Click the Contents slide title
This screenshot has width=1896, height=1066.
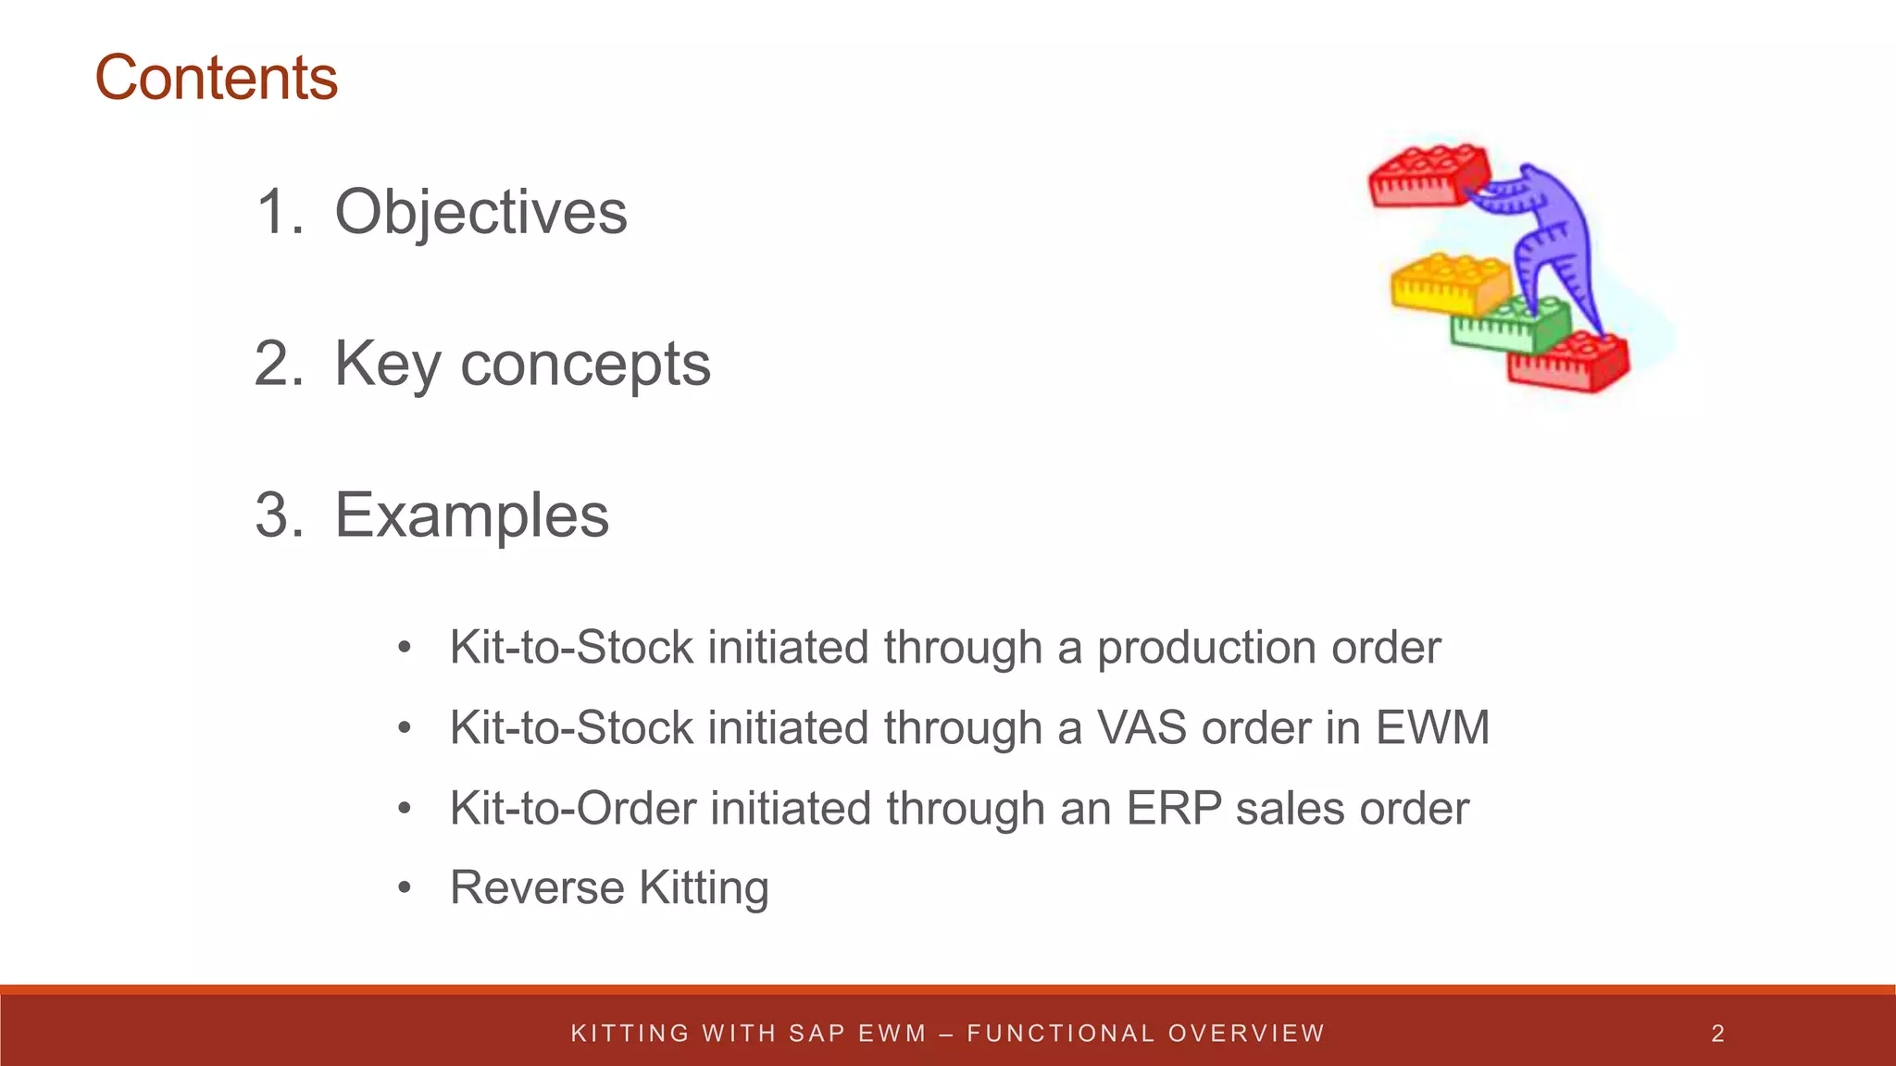click(217, 78)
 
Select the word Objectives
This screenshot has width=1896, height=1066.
click(480, 213)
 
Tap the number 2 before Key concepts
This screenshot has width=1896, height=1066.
click(279, 364)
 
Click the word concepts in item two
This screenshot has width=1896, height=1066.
click(585, 365)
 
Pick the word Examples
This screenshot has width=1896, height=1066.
click(471, 515)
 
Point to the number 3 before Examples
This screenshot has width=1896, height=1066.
click(279, 515)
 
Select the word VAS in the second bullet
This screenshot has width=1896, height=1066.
click(1141, 727)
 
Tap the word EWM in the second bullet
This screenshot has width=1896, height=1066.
click(1432, 727)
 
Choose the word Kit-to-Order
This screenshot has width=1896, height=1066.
click(572, 809)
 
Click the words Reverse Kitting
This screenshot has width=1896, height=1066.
click(609, 888)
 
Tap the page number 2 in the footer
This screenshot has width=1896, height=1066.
click(1717, 1034)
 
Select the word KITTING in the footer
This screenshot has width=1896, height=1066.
click(630, 1034)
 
